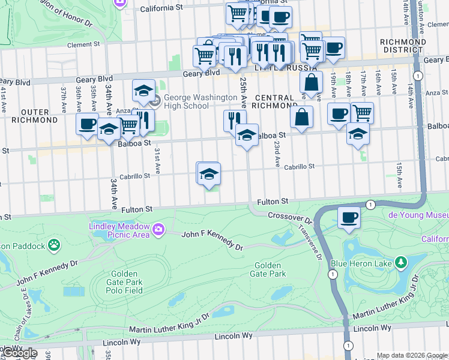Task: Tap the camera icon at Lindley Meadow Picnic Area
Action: pos(158,229)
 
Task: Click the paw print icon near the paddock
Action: pos(55,245)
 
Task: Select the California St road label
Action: pos(161,8)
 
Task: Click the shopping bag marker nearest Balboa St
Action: pos(301,118)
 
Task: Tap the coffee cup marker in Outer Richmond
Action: pos(86,124)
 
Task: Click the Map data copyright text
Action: pos(411,355)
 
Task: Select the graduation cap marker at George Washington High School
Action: pos(143,90)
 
